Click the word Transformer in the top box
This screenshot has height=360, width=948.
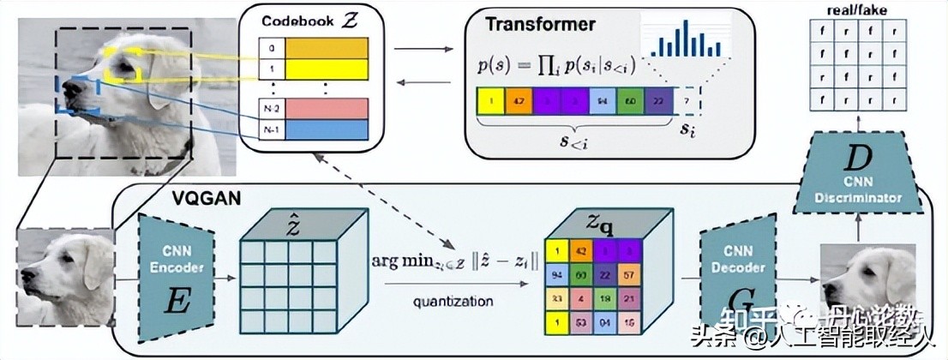[x=528, y=23]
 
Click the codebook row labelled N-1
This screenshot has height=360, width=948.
[x=326, y=129]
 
